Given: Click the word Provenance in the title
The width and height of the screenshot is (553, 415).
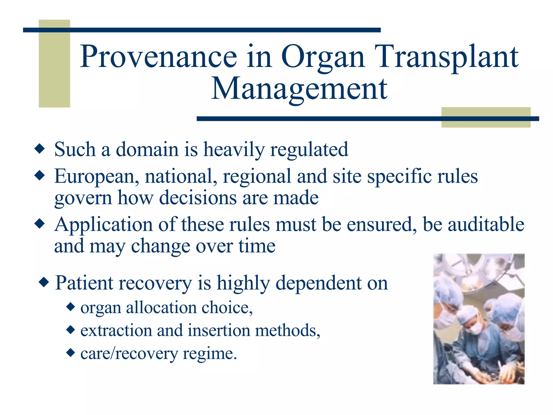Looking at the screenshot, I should click(158, 57).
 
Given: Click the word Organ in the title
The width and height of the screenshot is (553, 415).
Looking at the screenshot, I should click(323, 57).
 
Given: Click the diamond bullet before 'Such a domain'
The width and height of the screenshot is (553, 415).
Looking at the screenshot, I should click(40, 149).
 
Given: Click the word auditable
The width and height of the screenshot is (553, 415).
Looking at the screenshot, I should click(486, 225).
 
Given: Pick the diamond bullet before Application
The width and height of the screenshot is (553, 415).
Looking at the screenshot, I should click(40, 224).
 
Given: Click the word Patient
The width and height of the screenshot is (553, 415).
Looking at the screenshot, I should click(84, 283).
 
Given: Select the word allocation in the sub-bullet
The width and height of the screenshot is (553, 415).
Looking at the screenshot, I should click(161, 307).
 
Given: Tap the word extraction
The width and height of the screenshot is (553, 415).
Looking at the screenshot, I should click(116, 330).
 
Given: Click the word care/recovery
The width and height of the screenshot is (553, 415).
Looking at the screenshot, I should click(129, 353).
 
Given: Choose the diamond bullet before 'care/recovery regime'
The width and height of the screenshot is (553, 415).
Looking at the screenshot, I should click(70, 353).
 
